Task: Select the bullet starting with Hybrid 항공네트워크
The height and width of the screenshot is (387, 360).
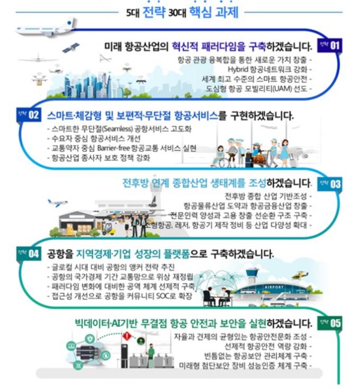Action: pyautogui.click(x=269, y=69)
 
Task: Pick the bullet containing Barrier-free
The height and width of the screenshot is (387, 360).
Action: pyautogui.click(x=121, y=148)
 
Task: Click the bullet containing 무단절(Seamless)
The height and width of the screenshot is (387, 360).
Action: pyautogui.click(x=105, y=128)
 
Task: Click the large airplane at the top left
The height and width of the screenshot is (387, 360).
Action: pyautogui.click(x=50, y=26)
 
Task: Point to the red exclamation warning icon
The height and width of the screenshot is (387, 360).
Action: pyautogui.click(x=127, y=336)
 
